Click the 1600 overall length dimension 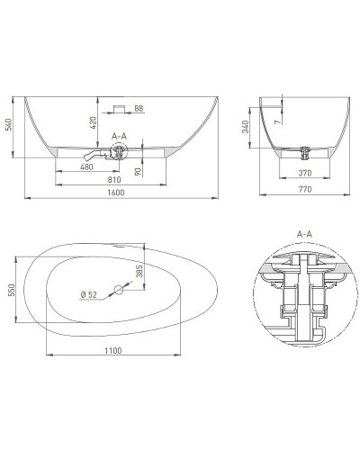(x=116, y=193)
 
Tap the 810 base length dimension (x=114, y=180)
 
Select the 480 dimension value (x=86, y=166)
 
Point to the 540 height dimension (x=9, y=124)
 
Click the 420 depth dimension (x=93, y=122)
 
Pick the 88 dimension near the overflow (x=139, y=108)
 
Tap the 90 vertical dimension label (x=138, y=172)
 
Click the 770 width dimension (x=305, y=189)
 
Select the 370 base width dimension (x=305, y=173)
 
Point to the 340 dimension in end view (x=246, y=127)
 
